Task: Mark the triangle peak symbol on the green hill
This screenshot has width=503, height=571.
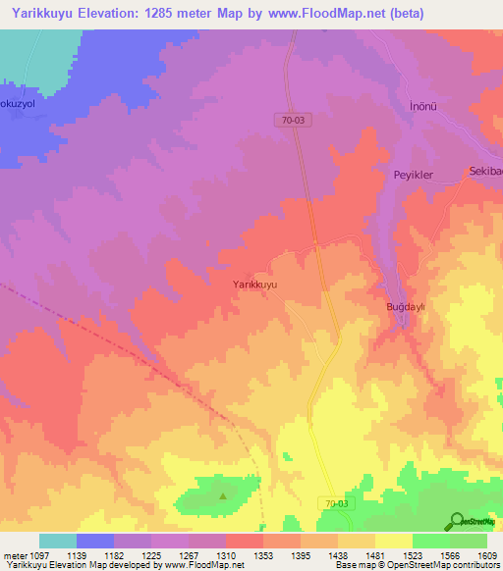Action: coord(222,495)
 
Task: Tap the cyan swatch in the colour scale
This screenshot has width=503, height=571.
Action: coord(57,541)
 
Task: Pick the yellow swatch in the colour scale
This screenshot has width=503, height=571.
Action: coord(393,541)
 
